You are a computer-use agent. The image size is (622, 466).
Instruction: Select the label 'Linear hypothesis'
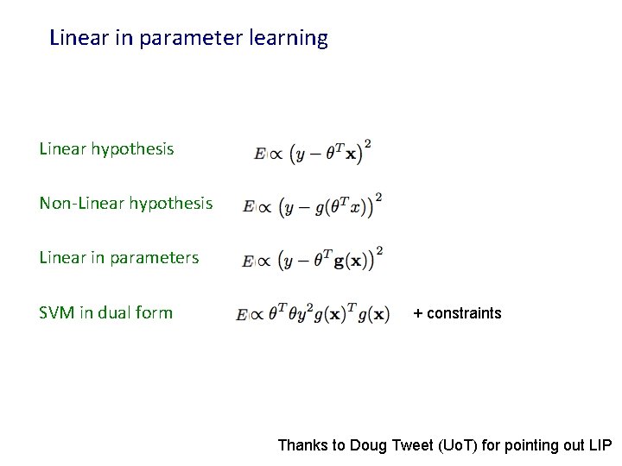(x=106, y=149)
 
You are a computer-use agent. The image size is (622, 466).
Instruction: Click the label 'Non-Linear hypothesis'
(x=125, y=204)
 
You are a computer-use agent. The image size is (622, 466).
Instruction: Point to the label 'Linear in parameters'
(x=118, y=258)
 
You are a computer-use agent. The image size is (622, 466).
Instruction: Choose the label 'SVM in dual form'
(x=105, y=313)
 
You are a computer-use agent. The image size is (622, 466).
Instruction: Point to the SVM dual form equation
(x=313, y=314)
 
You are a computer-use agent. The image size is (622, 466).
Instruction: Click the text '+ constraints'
(x=457, y=313)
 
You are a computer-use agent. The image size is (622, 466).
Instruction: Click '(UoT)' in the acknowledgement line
(x=457, y=445)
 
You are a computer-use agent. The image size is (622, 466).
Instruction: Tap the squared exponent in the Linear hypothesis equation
(x=368, y=142)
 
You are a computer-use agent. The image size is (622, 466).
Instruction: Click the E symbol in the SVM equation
(x=241, y=316)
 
